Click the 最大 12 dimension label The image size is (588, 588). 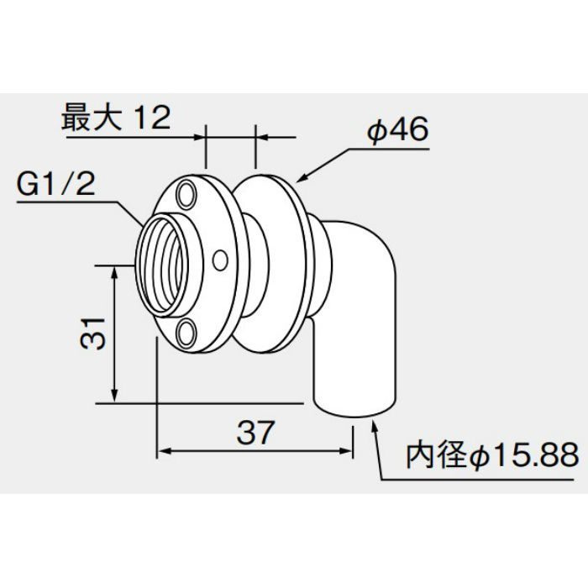click(x=116, y=118)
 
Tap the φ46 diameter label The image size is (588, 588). click(x=397, y=129)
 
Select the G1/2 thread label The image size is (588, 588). click(x=56, y=184)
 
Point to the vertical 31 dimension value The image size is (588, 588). click(x=92, y=333)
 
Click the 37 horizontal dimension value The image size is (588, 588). click(x=255, y=432)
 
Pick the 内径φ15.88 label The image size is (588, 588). click(x=492, y=455)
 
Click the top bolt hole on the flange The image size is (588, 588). click(x=186, y=194)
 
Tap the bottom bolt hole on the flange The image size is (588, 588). click(x=186, y=333)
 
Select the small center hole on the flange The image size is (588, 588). click(x=220, y=260)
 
